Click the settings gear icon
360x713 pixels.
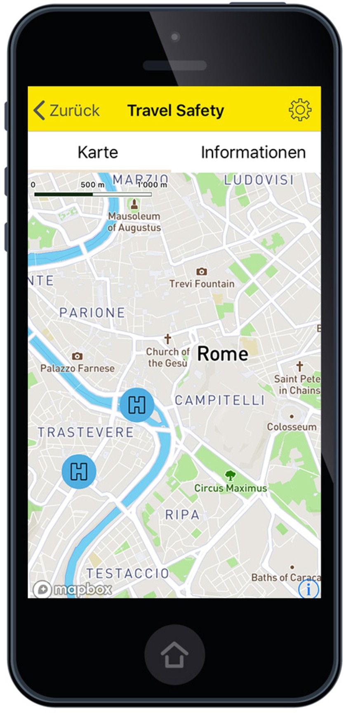300,110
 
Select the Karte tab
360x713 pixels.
98,152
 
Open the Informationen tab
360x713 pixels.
253,152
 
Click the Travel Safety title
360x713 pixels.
175,111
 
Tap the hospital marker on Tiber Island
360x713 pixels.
137,405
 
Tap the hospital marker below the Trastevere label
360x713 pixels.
79,471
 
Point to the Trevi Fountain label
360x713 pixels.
202,284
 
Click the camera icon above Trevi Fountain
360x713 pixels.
201,271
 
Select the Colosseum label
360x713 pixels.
292,427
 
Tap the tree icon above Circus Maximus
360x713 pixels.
230,476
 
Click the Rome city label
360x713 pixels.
223,354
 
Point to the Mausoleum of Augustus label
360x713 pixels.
134,221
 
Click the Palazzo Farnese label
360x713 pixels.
78,368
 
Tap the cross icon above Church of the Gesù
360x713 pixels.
167,339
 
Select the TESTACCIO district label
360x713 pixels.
127,573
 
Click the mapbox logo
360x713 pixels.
73,589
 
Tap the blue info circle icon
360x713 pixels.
308,589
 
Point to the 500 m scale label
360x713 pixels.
92,184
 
